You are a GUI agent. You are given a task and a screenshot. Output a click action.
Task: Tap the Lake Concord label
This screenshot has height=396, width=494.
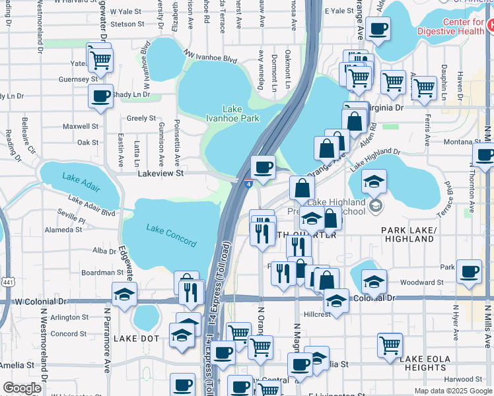164,229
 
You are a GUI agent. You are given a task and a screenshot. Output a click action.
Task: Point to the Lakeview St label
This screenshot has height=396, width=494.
159,173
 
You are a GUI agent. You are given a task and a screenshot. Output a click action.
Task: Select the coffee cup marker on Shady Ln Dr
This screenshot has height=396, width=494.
100,96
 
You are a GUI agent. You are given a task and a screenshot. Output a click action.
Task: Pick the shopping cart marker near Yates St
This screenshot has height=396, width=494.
100,59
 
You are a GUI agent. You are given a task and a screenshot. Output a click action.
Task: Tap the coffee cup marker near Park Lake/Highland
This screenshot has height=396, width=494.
470,271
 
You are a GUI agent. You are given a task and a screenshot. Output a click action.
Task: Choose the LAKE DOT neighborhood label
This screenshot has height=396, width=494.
136,338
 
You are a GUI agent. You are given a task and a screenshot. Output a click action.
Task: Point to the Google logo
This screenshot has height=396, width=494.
22,388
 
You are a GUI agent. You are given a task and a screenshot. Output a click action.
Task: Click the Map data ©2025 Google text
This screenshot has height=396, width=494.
452,391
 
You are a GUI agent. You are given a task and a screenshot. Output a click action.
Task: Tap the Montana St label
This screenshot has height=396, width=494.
462,142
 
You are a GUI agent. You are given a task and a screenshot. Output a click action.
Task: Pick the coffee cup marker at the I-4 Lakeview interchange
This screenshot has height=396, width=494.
263,167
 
